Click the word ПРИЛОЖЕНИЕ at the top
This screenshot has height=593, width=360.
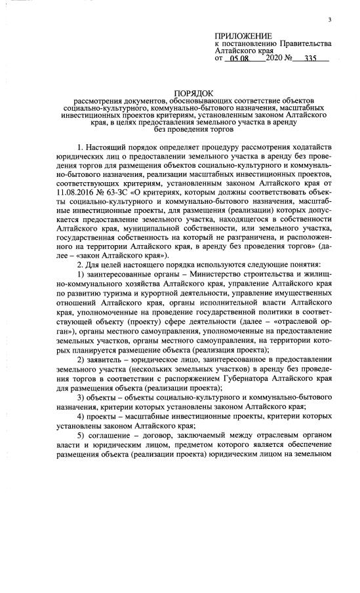click(242, 36)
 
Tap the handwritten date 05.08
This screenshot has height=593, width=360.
click(240, 58)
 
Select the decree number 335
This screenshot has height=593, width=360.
click(307, 58)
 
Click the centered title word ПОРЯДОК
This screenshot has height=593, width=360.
click(195, 94)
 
